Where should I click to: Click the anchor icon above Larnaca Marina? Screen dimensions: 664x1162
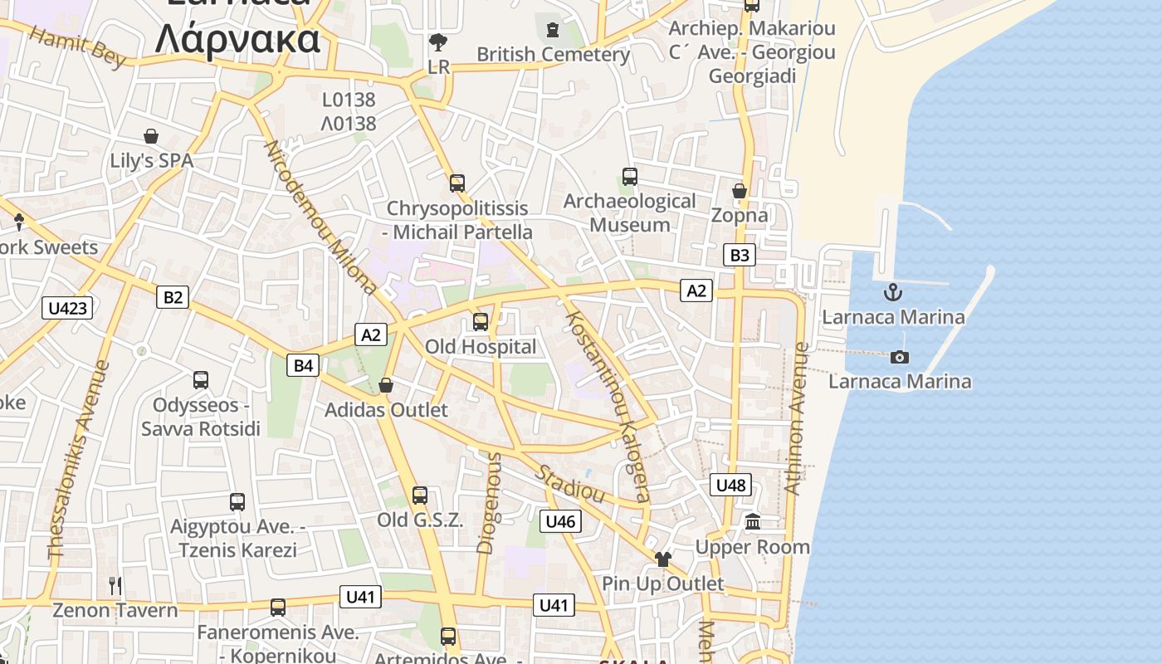pyautogui.click(x=892, y=292)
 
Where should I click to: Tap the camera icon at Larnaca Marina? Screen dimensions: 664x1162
pyautogui.click(x=899, y=358)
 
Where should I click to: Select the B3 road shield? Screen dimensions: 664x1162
pyautogui.click(x=739, y=255)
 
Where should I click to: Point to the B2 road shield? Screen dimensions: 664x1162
pyautogui.click(x=173, y=296)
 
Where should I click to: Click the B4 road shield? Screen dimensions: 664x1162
pyautogui.click(x=304, y=364)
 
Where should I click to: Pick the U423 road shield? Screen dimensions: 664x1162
pyautogui.click(x=67, y=308)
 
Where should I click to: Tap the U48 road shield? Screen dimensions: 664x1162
pyautogui.click(x=731, y=485)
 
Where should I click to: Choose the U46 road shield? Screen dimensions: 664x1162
pyautogui.click(x=560, y=521)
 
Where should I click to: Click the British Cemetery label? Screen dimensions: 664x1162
pyautogui.click(x=553, y=55)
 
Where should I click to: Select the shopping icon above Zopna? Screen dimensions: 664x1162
pyautogui.click(x=740, y=191)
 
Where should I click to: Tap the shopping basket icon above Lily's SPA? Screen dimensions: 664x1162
pyautogui.click(x=151, y=136)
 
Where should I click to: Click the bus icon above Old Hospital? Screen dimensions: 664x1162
pyautogui.click(x=481, y=322)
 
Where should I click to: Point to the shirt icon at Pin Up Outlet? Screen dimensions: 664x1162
pyautogui.click(x=662, y=559)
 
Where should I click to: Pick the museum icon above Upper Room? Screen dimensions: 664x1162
pyautogui.click(x=753, y=522)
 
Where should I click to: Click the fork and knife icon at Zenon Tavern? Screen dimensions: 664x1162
pyautogui.click(x=115, y=586)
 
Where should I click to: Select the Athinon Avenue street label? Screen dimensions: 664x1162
pyautogui.click(x=796, y=419)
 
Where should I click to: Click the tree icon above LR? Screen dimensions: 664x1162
pyautogui.click(x=437, y=41)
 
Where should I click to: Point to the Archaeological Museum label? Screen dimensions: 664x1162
pyautogui.click(x=630, y=212)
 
